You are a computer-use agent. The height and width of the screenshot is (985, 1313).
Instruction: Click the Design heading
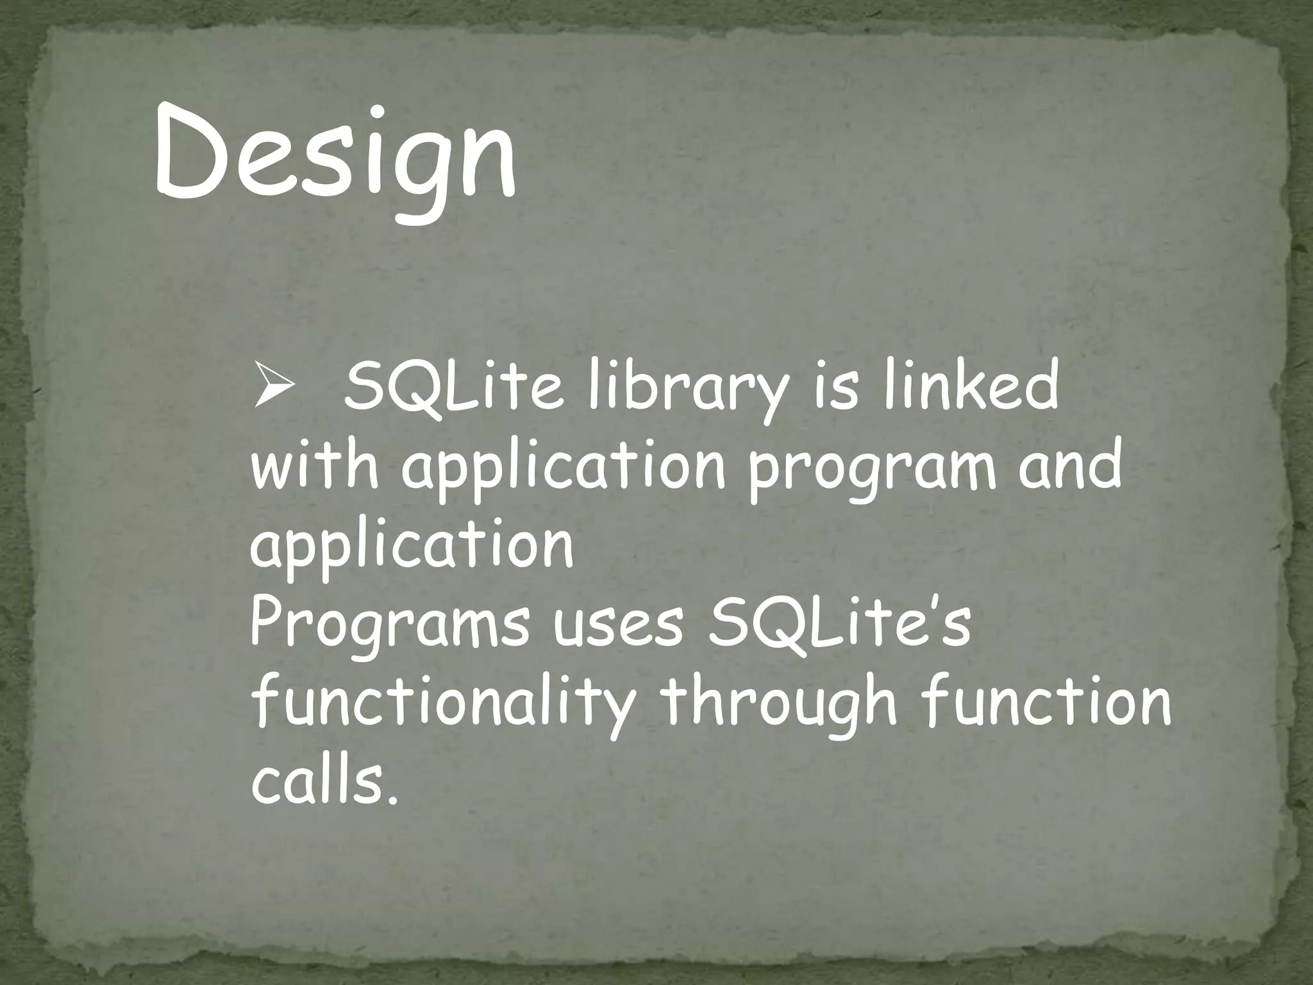click(x=335, y=160)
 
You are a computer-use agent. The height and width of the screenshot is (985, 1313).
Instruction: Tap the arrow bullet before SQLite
click(x=274, y=392)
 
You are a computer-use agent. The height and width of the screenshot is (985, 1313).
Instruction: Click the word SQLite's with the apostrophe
click(x=839, y=624)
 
